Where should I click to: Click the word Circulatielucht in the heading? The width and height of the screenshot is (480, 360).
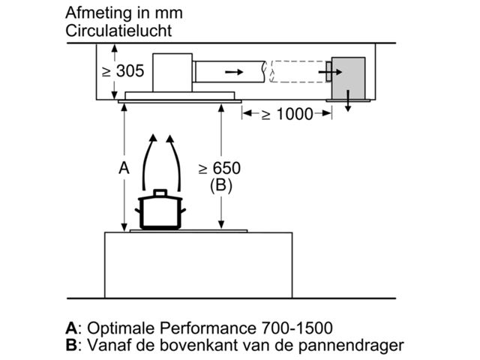coord(118,31)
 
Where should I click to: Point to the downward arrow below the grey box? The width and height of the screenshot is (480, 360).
coord(348,106)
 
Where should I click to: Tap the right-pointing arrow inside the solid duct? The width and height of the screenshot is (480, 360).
coord(234,72)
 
